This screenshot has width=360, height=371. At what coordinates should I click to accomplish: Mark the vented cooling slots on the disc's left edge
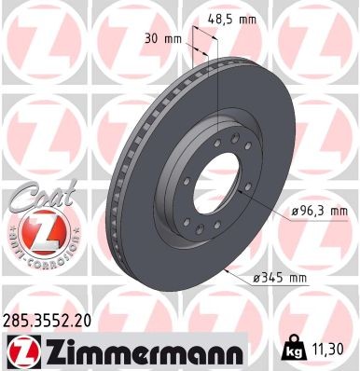coord(116,196)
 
